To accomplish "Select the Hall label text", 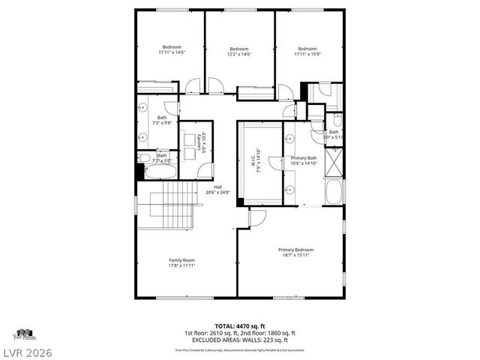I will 217,187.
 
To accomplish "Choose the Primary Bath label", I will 304,158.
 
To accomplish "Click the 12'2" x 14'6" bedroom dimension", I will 238,55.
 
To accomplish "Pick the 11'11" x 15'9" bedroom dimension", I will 308,52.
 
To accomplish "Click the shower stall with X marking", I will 334,160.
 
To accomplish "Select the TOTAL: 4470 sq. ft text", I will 239,326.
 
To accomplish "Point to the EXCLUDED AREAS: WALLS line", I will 240,340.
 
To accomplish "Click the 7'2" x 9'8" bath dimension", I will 161,121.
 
